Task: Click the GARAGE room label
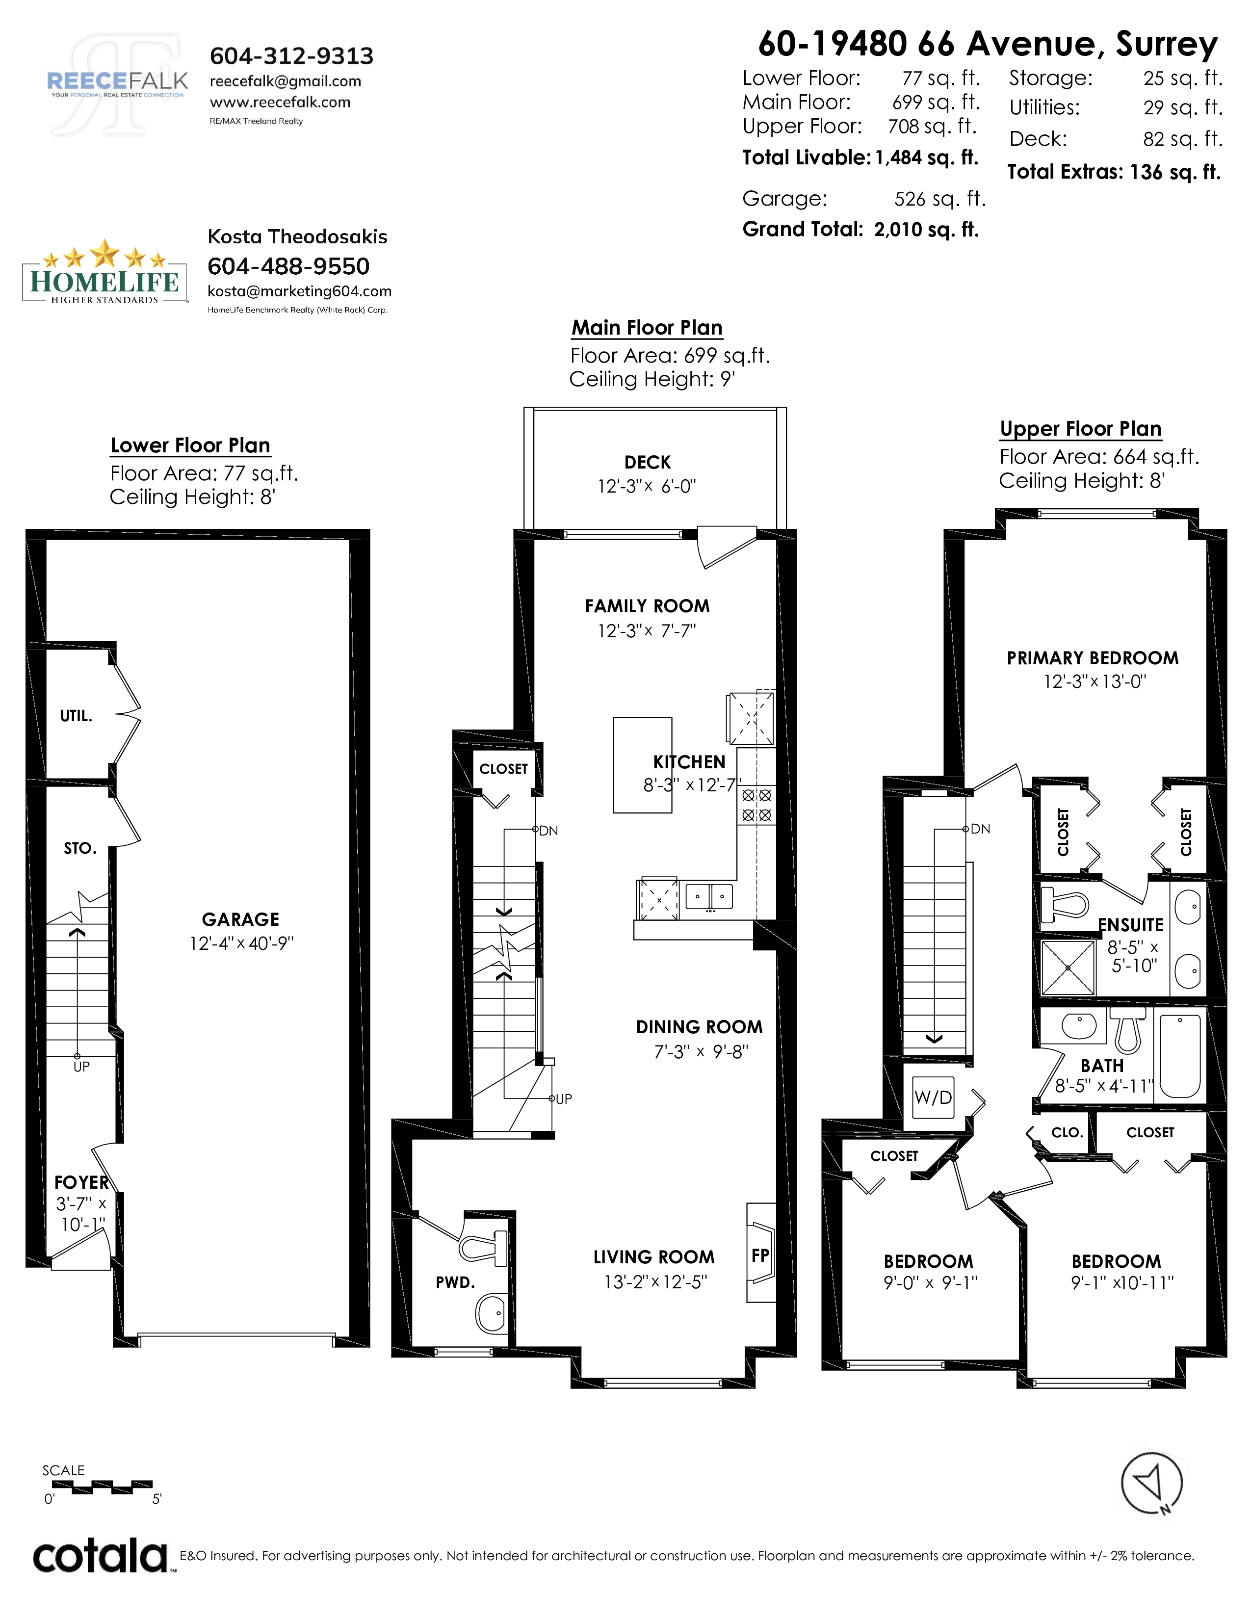pyautogui.click(x=241, y=919)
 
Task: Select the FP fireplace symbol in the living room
pyautogui.click(x=760, y=1253)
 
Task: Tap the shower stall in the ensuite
pyautogui.click(x=1068, y=967)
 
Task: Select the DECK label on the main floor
pyautogui.click(x=648, y=463)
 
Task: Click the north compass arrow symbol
pyautogui.click(x=1151, y=1483)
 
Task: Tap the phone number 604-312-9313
pyautogui.click(x=292, y=55)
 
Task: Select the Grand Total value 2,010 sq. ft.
pyautogui.click(x=926, y=229)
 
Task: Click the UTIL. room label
pyautogui.click(x=77, y=716)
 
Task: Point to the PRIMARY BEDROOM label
pyautogui.click(x=1093, y=658)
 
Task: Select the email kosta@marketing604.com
pyautogui.click(x=299, y=291)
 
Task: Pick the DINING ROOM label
pyautogui.click(x=700, y=1027)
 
